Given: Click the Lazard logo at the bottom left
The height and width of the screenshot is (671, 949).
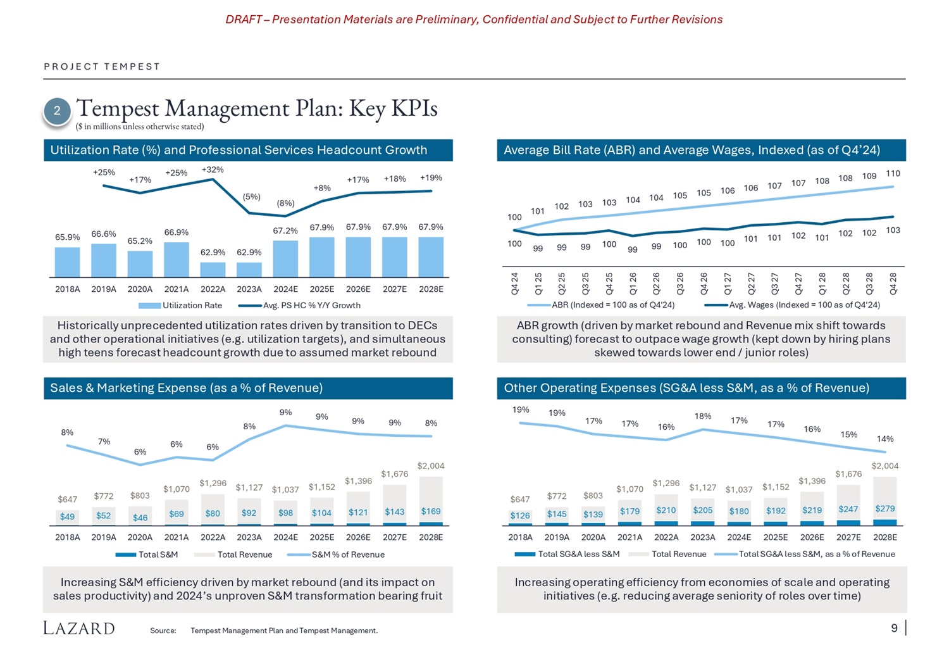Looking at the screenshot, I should click(x=79, y=628).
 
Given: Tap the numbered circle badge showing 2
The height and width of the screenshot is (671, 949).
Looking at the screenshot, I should click(x=57, y=111).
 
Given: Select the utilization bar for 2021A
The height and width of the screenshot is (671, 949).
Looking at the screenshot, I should click(x=177, y=260).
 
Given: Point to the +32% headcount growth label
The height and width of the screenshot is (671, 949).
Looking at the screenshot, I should click(x=213, y=170).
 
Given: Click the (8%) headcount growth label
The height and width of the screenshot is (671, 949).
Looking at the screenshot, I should click(x=285, y=203).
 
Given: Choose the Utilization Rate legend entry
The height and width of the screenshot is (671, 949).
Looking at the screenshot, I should click(x=180, y=305).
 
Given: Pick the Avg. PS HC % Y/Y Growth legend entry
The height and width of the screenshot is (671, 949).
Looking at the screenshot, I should click(x=299, y=305).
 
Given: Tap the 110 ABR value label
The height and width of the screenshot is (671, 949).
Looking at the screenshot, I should click(x=893, y=173).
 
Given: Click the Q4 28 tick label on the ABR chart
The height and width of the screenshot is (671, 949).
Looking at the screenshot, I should click(x=893, y=284).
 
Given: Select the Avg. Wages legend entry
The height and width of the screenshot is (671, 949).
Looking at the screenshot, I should click(x=792, y=304).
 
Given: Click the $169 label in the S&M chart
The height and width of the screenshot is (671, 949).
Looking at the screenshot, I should click(x=431, y=511).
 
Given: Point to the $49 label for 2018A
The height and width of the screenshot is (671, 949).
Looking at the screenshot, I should click(x=67, y=517).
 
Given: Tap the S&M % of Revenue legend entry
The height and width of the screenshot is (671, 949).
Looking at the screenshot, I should click(x=336, y=555).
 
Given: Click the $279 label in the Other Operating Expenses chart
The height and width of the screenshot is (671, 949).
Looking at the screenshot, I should click(x=885, y=508).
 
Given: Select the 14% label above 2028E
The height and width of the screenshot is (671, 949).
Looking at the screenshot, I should click(x=885, y=439).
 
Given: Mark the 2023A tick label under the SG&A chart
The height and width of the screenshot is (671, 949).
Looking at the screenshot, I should click(x=703, y=537).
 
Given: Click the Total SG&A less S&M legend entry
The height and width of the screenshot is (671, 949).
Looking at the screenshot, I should click(x=567, y=554).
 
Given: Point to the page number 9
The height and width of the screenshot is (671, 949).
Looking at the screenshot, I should click(x=894, y=628).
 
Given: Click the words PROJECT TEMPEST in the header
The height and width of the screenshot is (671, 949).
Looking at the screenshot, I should click(x=102, y=66).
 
